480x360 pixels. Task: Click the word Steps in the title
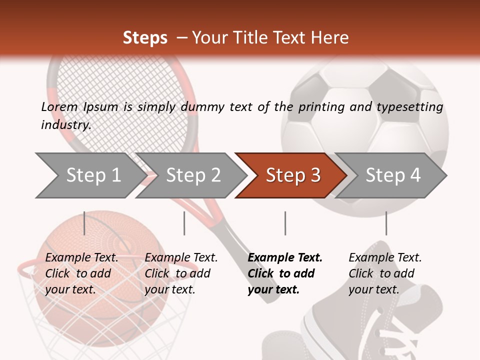point(145,38)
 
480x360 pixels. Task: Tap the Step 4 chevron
point(392,175)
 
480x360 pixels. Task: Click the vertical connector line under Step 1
point(84,223)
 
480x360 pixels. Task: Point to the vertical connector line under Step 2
point(184,223)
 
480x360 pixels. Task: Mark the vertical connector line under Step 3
point(285,223)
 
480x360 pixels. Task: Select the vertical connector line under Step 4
point(386,223)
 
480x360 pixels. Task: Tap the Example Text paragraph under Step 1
point(81,273)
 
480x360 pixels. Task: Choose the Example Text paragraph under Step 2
point(181,273)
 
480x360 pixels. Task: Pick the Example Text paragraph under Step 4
point(385,273)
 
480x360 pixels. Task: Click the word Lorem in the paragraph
point(59,107)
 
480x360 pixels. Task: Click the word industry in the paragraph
point(65,125)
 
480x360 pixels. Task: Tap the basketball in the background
point(100,300)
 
